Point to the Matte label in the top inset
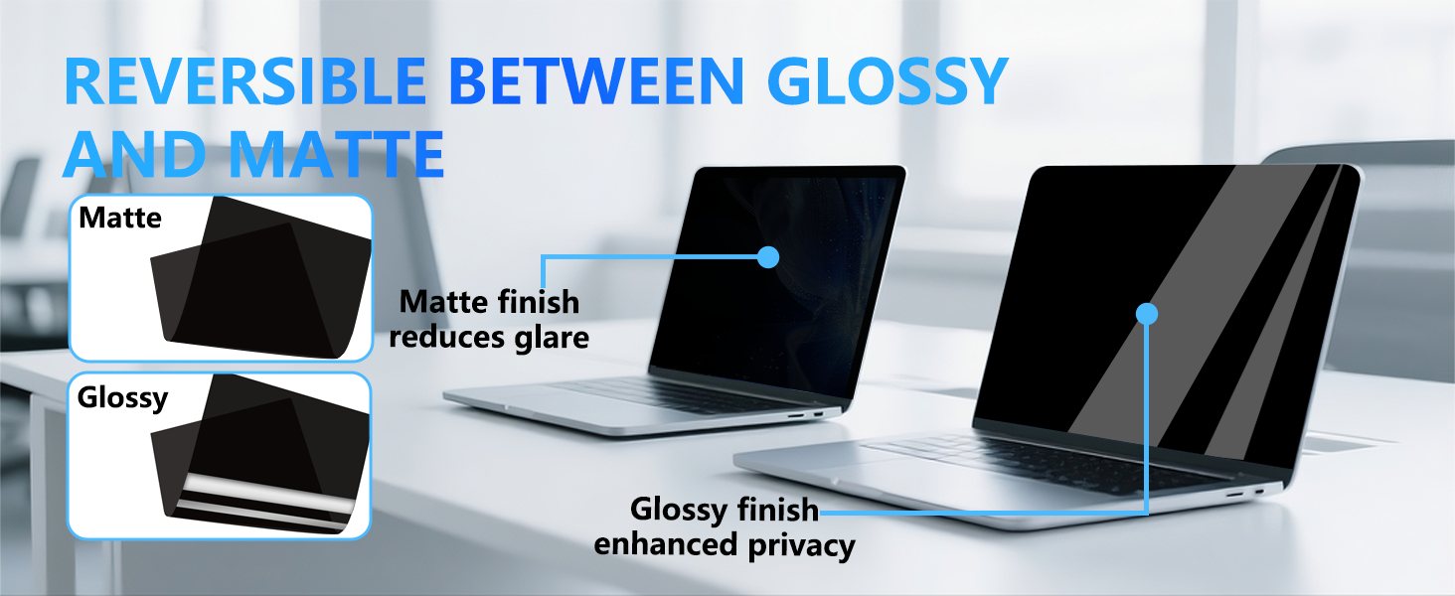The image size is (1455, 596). point(119,218)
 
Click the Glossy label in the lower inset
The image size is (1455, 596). point(122,398)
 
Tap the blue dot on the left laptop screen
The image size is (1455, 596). point(767,257)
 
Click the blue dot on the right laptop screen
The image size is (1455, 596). point(1147,314)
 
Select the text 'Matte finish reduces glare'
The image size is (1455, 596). point(489,318)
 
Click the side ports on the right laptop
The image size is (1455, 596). point(1246,493)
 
